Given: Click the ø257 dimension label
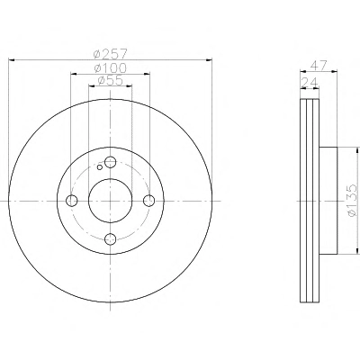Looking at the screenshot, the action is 111,54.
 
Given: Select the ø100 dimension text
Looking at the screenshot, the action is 111,67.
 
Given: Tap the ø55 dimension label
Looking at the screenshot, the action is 111,80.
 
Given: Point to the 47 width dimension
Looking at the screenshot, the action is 318,66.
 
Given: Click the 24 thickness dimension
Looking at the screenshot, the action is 309,82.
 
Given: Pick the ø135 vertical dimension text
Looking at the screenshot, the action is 352,200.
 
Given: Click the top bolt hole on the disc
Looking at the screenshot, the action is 111,162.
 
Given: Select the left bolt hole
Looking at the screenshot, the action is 72,201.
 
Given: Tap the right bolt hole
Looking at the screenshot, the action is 149,201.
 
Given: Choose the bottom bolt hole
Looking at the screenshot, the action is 111,239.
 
